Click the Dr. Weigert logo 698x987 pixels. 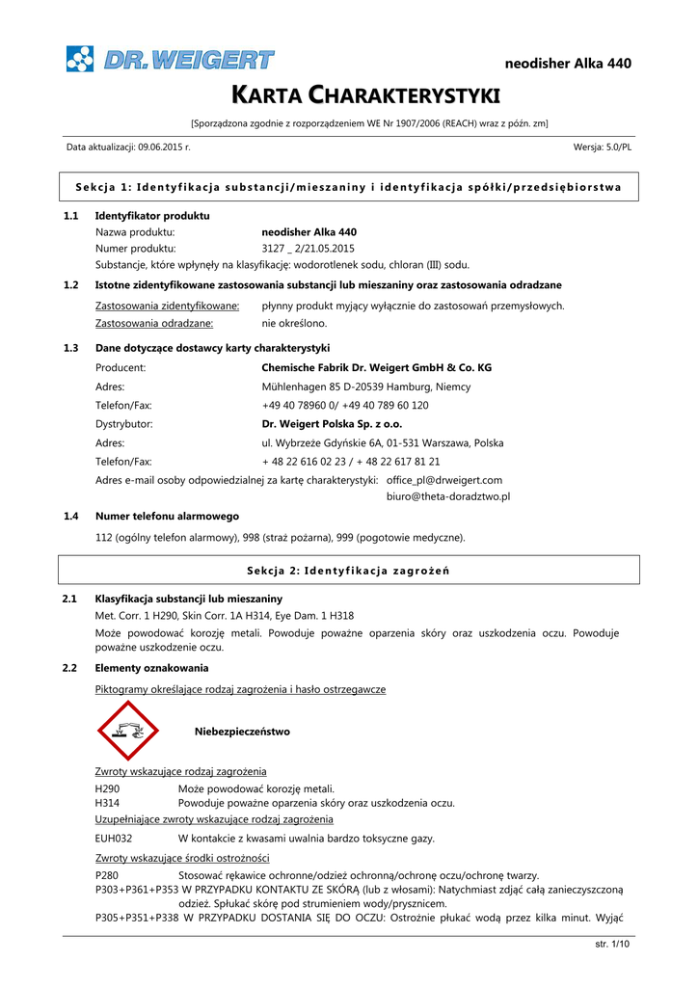coord(170,60)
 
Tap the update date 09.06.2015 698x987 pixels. coord(164,147)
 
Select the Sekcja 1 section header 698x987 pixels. coord(348,186)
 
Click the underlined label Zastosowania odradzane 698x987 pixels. coord(154,323)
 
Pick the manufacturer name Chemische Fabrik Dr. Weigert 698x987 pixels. coord(376,367)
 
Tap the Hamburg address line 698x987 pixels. coord(353,387)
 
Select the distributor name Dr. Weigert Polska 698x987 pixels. coord(332,423)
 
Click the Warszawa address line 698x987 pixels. coord(382,442)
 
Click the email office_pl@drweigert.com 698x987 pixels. coord(443,479)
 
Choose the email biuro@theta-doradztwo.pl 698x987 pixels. coord(447,496)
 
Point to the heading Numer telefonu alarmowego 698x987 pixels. coord(167,516)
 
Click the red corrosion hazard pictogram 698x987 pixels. coord(128,731)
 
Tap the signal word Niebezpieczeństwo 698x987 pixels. coord(242,732)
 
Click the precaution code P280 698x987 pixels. coord(107,874)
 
